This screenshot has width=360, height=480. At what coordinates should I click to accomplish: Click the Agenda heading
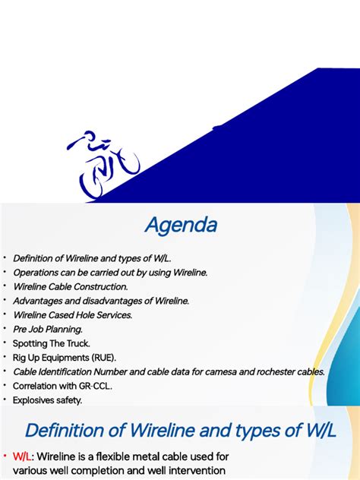click(181, 226)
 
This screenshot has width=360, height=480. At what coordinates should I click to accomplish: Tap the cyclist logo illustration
click(103, 165)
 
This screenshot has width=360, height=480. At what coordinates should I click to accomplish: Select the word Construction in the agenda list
click(102, 286)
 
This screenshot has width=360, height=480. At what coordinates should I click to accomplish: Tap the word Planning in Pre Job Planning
click(65, 329)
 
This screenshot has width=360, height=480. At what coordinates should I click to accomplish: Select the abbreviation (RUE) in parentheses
click(104, 357)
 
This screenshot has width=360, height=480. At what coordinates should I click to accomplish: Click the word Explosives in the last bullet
click(36, 399)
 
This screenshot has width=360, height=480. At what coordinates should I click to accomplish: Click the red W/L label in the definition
click(23, 456)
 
